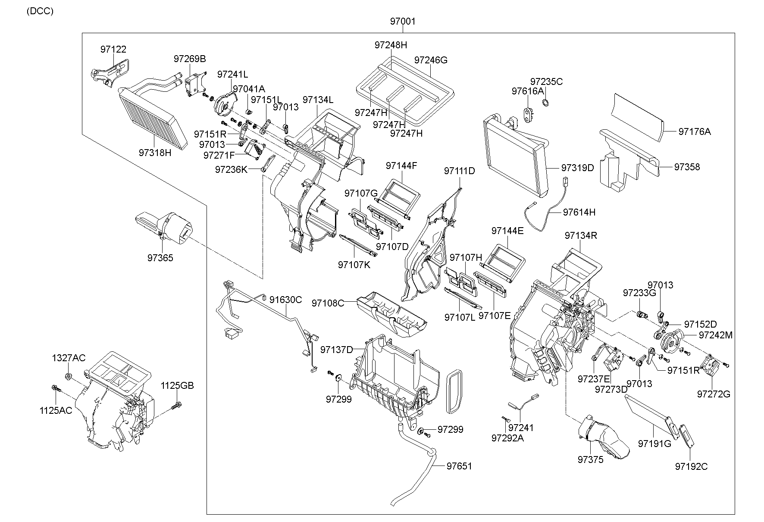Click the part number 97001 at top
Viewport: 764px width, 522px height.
tap(403, 21)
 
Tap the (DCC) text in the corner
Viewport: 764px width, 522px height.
tap(40, 11)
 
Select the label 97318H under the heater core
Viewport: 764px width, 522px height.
tap(155, 153)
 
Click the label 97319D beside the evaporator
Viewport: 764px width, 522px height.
tap(577, 168)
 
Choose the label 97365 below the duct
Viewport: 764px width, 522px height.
tap(160, 258)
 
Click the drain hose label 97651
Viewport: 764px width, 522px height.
tap(459, 466)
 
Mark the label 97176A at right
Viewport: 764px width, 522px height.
tap(694, 131)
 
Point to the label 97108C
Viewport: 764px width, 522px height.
tap(328, 303)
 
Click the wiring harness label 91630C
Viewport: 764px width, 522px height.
tap(286, 300)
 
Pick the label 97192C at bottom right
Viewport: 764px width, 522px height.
tap(691, 466)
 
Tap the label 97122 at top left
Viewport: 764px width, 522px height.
tap(113, 50)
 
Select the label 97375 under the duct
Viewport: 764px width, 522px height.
tap(591, 459)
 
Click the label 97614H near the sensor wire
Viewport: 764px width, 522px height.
tap(579, 212)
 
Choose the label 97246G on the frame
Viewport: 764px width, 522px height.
tap(431, 60)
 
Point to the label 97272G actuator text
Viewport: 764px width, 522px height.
tap(714, 394)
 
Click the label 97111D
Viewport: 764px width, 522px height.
tap(460, 171)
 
